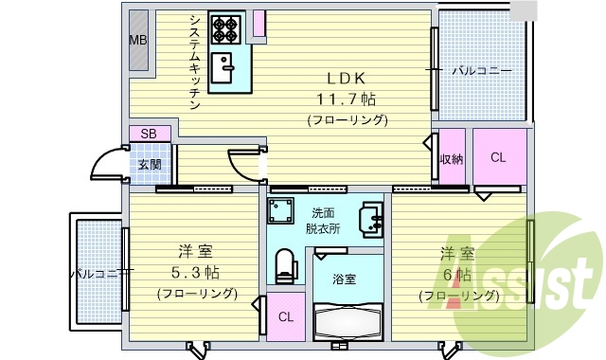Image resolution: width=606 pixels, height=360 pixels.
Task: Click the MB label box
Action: [x=138, y=40]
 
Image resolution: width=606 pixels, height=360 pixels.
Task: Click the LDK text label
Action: [x=347, y=78]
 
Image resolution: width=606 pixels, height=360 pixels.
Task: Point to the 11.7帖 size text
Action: [x=347, y=98]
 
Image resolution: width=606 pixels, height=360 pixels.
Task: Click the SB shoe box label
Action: [x=149, y=134]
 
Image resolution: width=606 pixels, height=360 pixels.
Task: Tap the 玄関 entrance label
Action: [x=150, y=164]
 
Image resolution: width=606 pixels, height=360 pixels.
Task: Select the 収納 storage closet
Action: [x=452, y=159]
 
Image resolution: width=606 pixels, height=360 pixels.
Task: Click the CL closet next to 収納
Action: [x=498, y=158]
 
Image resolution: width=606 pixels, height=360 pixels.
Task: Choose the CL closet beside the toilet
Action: [x=284, y=316]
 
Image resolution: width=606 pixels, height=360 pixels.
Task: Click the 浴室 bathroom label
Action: [x=344, y=279]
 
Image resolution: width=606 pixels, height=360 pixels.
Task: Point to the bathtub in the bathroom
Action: [x=348, y=318]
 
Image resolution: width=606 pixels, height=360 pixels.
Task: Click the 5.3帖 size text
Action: [x=196, y=274]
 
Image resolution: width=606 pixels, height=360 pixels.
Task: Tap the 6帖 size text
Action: [x=459, y=275]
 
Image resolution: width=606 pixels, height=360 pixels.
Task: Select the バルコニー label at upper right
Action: [x=481, y=71]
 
